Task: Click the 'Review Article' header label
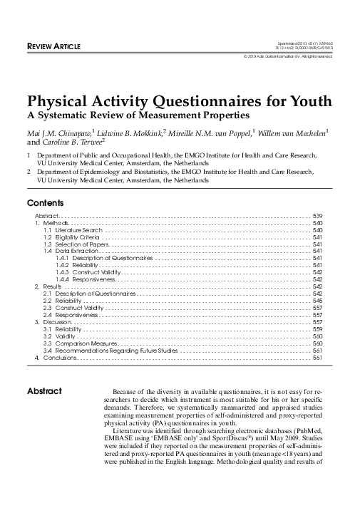tap(53, 47)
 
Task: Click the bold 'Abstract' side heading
tap(44, 391)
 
